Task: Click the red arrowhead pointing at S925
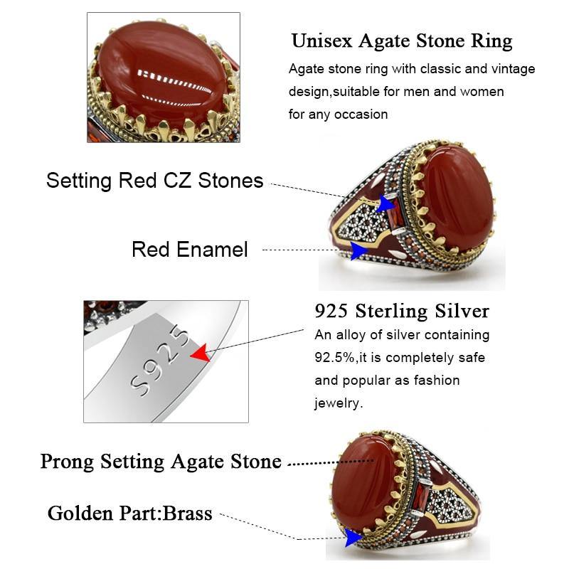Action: [x=201, y=353]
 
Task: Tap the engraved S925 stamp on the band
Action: [x=159, y=363]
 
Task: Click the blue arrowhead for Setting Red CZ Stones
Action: [x=385, y=203]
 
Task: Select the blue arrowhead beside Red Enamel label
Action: [x=359, y=250]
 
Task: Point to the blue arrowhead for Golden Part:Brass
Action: [x=353, y=538]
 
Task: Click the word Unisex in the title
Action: [x=322, y=41]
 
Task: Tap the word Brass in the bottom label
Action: [x=188, y=514]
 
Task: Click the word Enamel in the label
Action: [x=213, y=250]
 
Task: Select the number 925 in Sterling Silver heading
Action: [x=331, y=311]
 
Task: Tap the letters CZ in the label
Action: [x=177, y=181]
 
